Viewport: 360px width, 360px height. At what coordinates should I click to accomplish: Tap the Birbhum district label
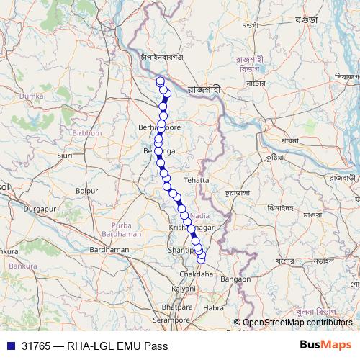[86, 133]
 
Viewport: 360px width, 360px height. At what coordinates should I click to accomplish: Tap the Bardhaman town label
[109, 249]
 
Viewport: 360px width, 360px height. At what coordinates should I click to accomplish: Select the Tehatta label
[196, 179]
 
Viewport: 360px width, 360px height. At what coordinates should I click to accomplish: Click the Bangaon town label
[235, 279]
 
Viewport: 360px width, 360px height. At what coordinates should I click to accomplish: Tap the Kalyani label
[184, 288]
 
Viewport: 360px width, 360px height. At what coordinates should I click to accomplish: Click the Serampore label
[169, 319]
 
